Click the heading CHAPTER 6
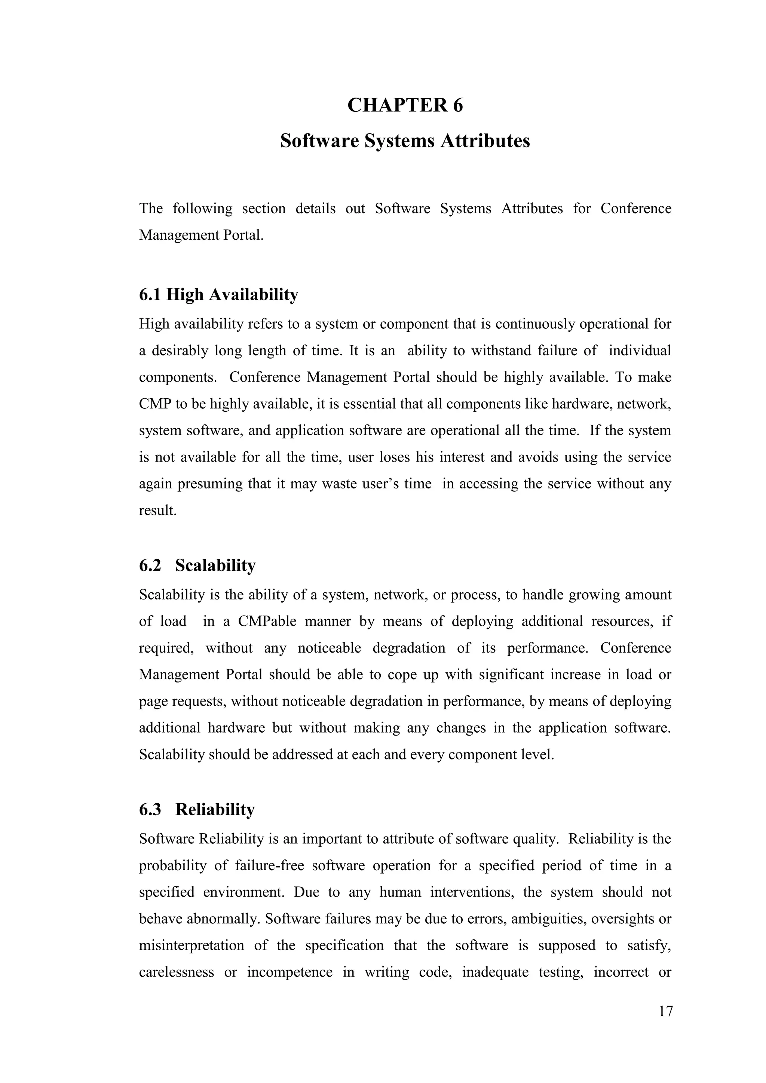pyautogui.click(x=405, y=105)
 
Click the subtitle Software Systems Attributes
pyautogui.click(x=405, y=141)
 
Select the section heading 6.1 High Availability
pyautogui.click(x=218, y=295)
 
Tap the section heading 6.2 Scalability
pyautogui.click(x=197, y=565)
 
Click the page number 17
pyautogui.click(x=665, y=1011)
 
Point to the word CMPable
pyautogui.click(x=267, y=621)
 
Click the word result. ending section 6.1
pyautogui.click(x=157, y=510)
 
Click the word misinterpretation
pyautogui.click(x=191, y=946)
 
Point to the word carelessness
pyautogui.click(x=177, y=972)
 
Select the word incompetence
pyautogui.click(x=289, y=972)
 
